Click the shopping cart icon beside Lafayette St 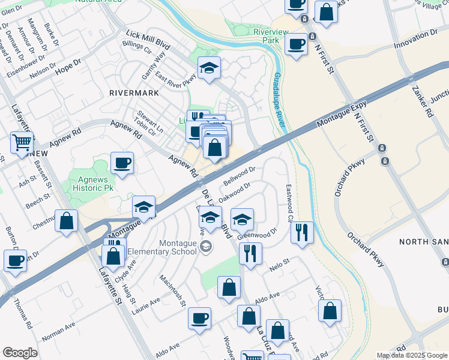(22, 143)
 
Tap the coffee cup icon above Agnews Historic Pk (122, 163)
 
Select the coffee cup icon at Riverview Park (295, 44)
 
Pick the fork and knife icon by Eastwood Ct (302, 232)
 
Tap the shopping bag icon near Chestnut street (66, 220)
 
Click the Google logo (20, 353)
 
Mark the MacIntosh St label (172, 290)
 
